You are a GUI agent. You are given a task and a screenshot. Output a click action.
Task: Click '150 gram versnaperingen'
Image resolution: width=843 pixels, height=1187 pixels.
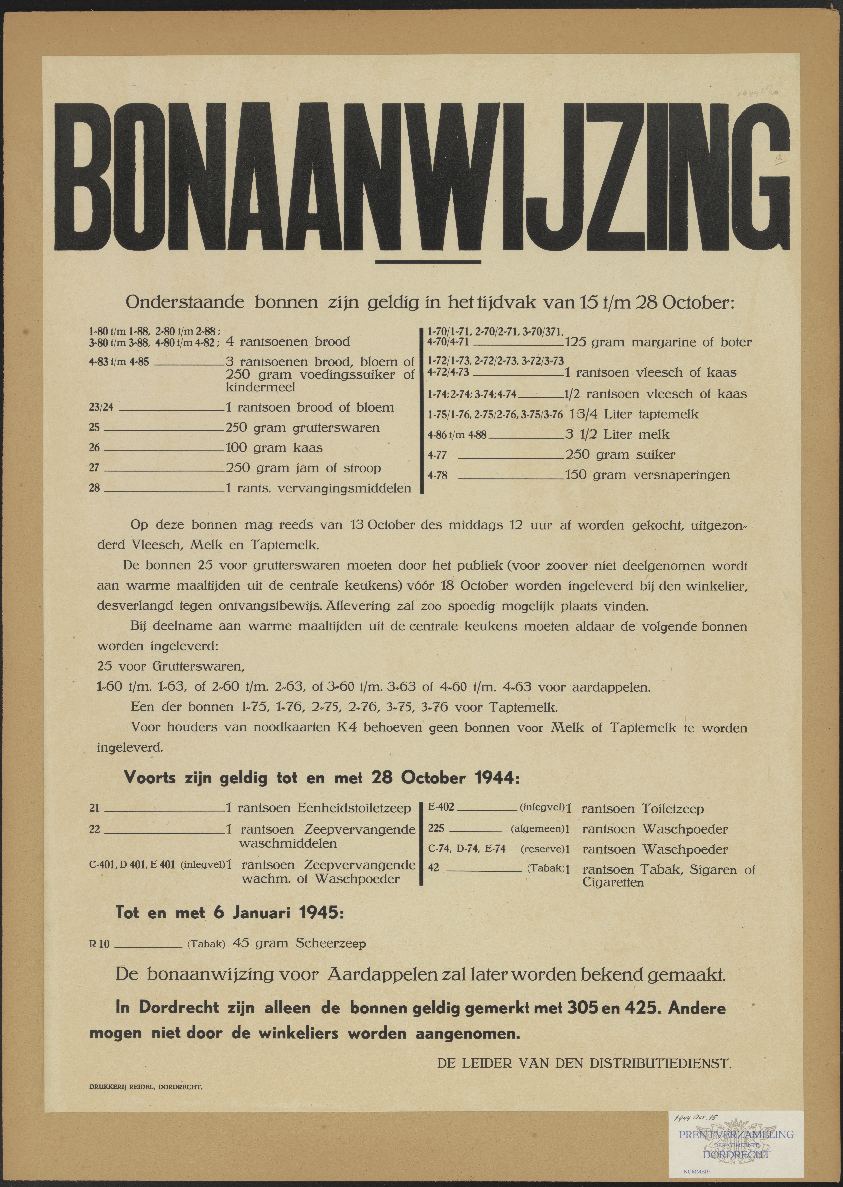(647, 475)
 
